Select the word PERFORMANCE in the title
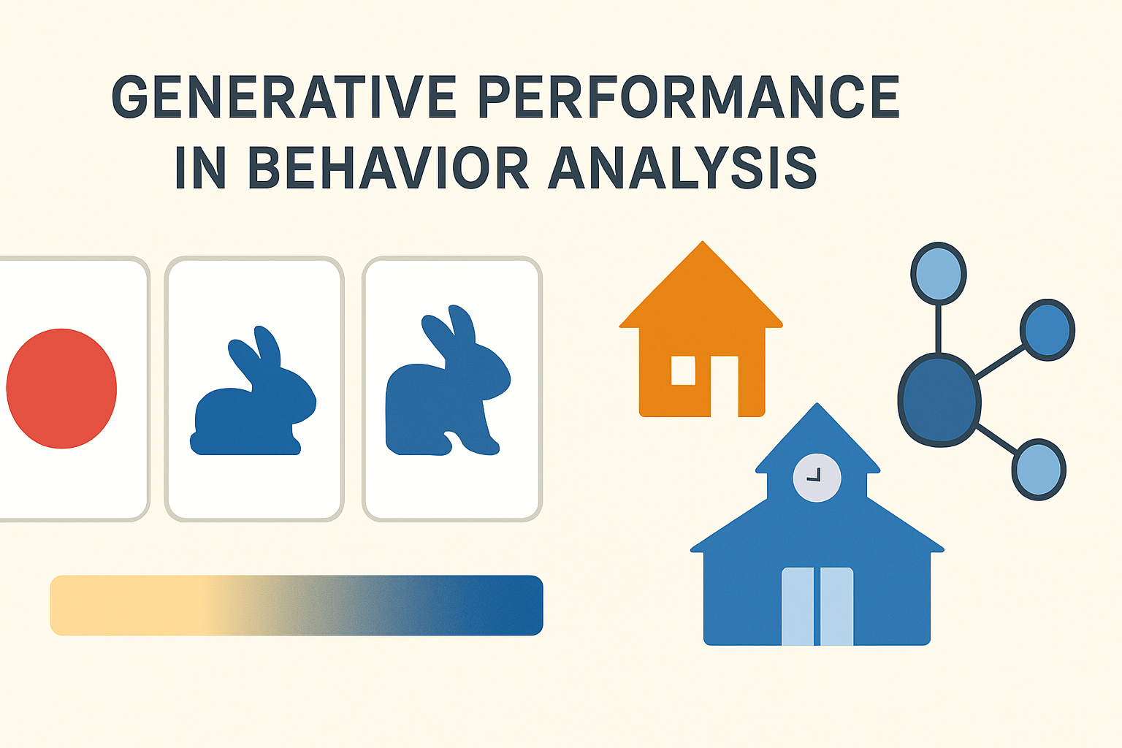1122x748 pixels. [689, 97]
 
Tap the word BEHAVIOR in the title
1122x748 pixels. [388, 168]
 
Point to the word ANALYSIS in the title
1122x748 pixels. [682, 168]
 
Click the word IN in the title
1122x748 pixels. [199, 168]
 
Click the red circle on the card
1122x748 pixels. [62, 388]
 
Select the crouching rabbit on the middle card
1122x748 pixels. [253, 402]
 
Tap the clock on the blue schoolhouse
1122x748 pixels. [817, 478]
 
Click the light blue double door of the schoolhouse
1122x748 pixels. [817, 606]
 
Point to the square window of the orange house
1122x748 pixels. [683, 370]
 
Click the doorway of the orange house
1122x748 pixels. [724, 386]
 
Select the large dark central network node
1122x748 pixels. [939, 400]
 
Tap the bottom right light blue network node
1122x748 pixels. [1038, 470]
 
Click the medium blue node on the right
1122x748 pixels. [1047, 329]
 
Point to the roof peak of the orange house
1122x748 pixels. [702, 248]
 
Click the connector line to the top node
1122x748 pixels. [939, 329]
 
